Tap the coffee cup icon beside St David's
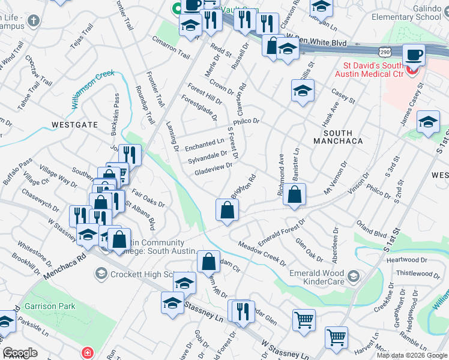tap(413, 56)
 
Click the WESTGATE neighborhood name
tap(74, 125)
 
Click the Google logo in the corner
tap(20, 353)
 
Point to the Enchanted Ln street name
tap(204, 145)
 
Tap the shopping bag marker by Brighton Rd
tap(228, 210)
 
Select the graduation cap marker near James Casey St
tap(428, 121)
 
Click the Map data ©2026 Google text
tap(412, 355)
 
